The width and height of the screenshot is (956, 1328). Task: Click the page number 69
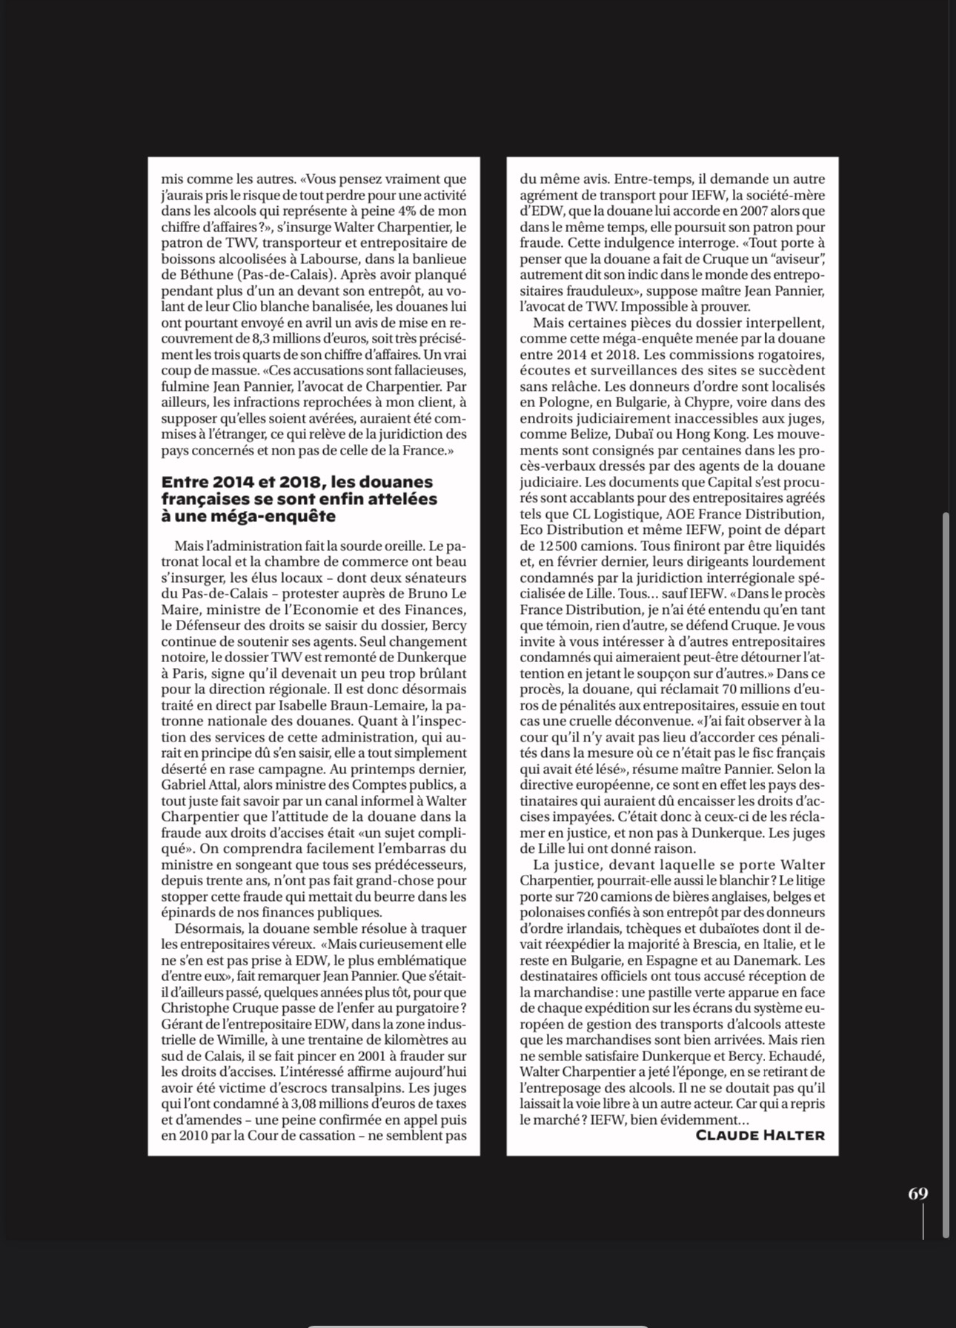(917, 1193)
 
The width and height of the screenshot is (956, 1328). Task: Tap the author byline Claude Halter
(760, 1135)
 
